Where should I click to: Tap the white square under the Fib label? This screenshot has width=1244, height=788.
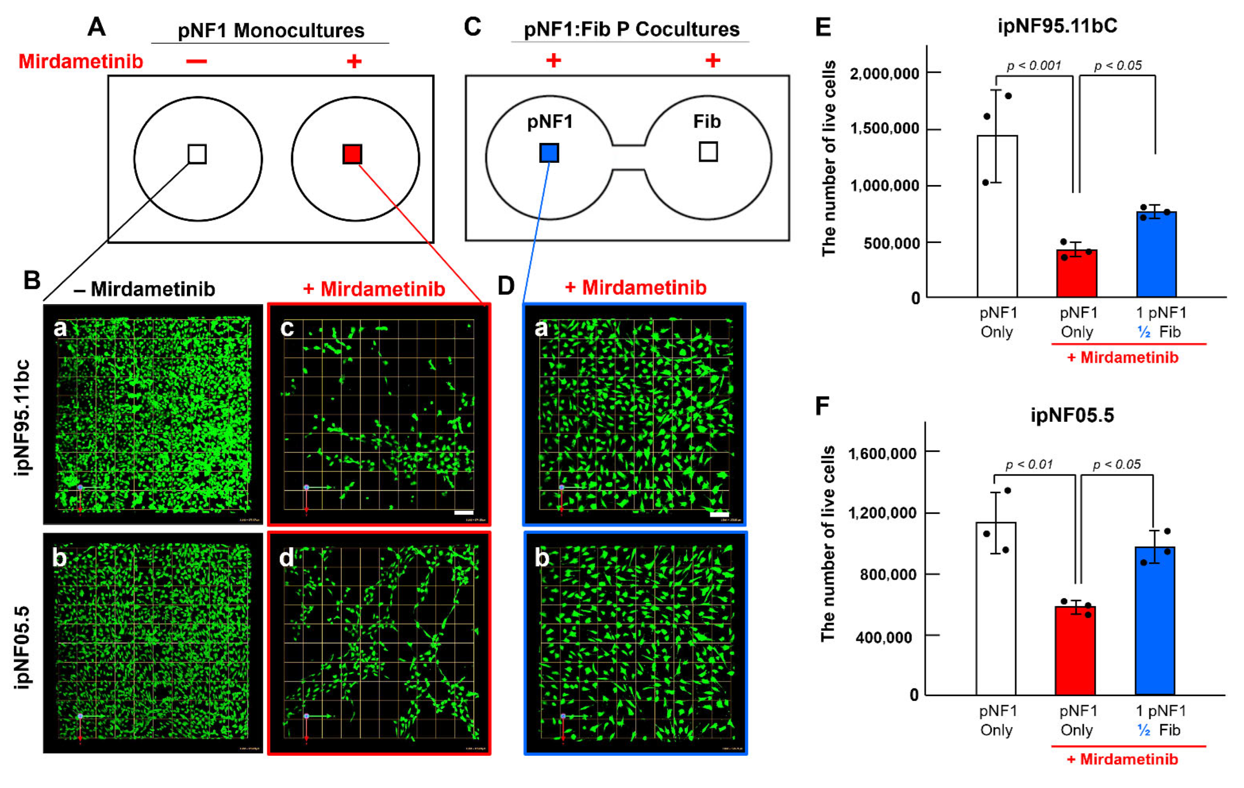[708, 152]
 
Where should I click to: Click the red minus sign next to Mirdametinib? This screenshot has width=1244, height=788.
[196, 62]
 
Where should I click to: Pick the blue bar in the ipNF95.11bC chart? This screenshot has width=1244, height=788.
[1156, 253]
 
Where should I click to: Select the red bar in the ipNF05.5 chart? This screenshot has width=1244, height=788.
[1075, 650]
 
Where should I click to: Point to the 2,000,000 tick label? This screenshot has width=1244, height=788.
[884, 74]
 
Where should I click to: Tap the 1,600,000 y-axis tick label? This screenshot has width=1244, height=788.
[882, 453]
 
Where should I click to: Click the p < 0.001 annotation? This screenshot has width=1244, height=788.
[1033, 66]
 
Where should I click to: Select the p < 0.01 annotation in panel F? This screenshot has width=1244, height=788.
[1029, 464]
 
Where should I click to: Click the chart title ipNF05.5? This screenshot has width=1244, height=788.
[1072, 415]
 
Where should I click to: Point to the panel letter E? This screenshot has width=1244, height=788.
[823, 27]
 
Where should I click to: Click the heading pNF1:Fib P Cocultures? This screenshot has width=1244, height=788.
[631, 29]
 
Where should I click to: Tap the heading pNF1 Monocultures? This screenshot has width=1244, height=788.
[271, 31]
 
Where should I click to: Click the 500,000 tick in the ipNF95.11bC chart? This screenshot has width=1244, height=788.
[891, 243]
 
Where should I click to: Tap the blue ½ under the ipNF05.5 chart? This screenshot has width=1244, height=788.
[1144, 730]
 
